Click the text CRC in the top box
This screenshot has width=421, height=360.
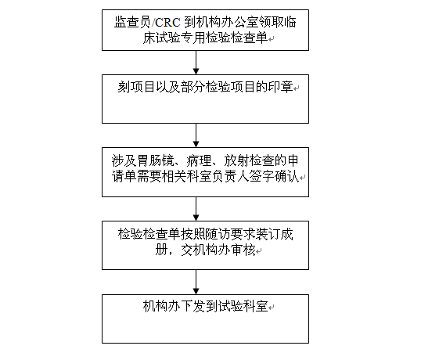167,22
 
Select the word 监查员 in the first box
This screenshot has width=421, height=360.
132,22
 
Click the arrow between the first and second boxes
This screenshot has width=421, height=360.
196,63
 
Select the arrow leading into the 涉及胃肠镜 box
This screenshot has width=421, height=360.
196,135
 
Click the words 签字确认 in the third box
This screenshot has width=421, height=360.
274,176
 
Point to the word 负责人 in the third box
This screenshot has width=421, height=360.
230,176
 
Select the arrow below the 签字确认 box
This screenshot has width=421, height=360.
196,209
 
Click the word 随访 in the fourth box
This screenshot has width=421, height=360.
218,234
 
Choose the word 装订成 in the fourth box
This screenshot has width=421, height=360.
275,234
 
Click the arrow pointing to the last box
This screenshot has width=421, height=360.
196,283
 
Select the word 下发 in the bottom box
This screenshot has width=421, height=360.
193,306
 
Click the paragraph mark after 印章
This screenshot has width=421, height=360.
297,88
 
